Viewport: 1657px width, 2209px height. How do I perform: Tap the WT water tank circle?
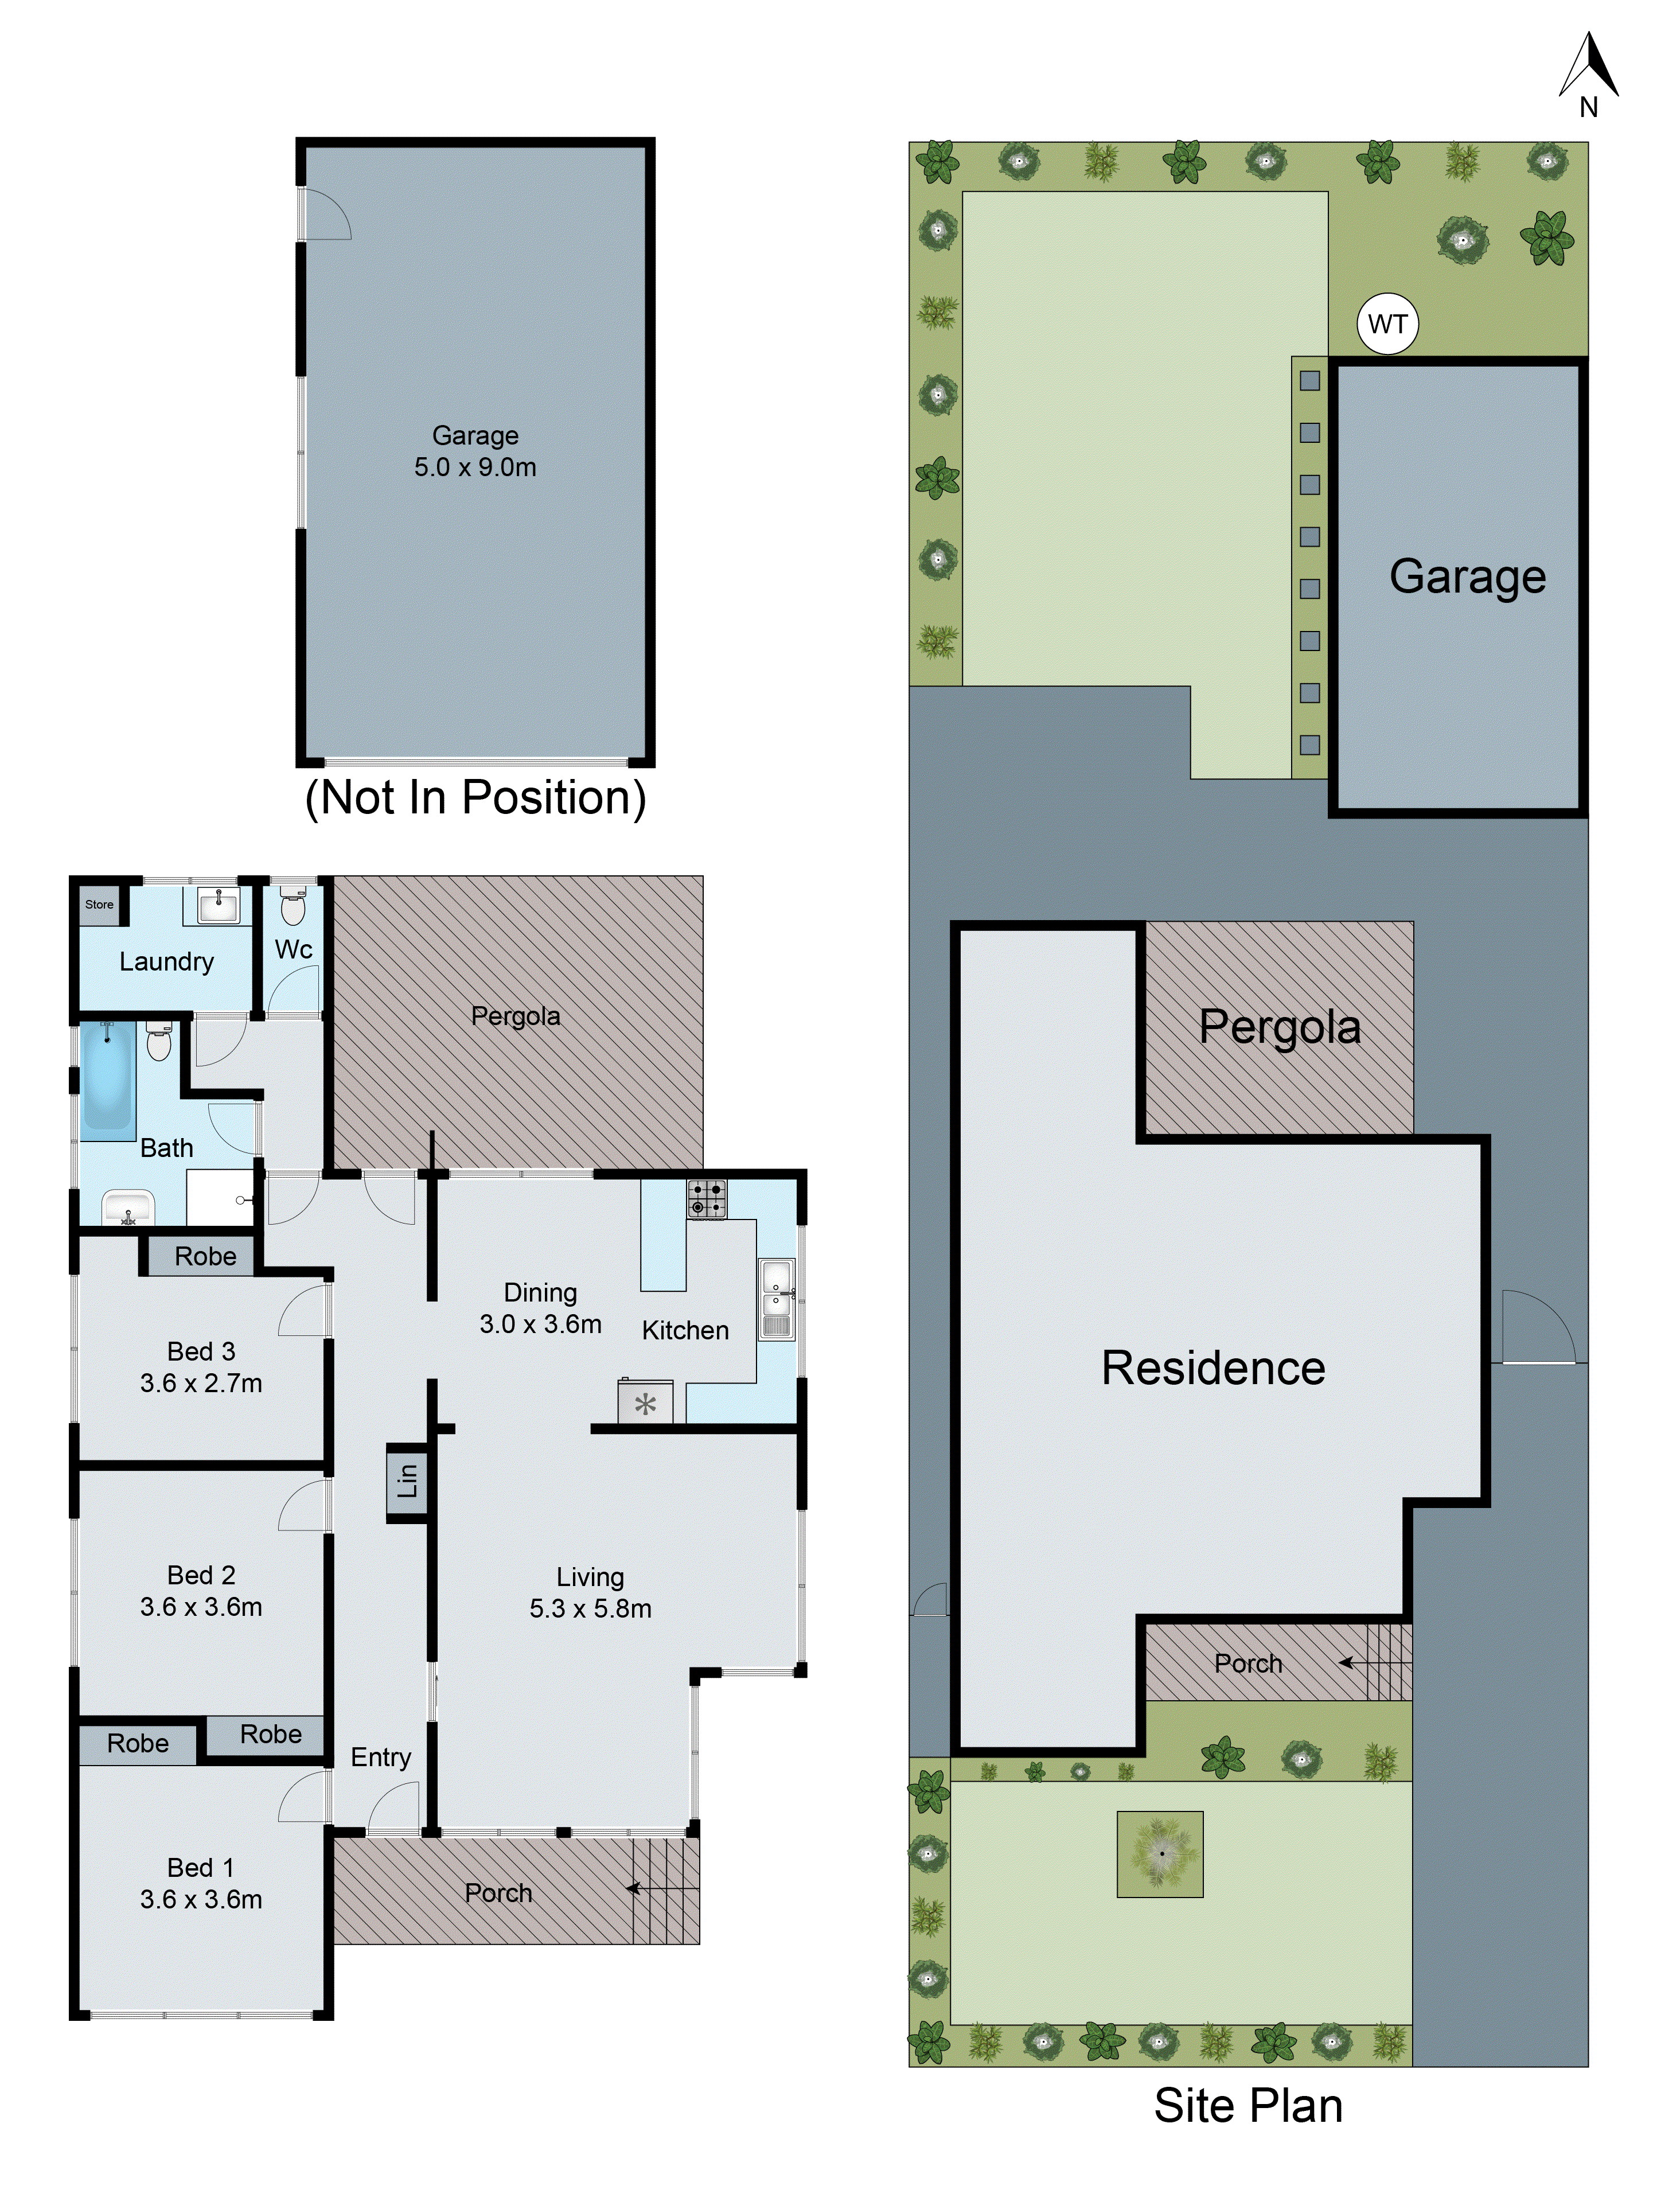(1387, 324)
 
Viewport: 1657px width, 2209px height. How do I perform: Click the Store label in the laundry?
(99, 905)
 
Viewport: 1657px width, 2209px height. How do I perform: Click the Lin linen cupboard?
(407, 1482)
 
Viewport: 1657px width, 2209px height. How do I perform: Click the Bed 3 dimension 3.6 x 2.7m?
(201, 1383)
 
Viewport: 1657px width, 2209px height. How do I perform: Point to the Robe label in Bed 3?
(205, 1256)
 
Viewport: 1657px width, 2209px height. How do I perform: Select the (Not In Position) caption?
(475, 798)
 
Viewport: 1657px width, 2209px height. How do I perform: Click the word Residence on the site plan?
(1212, 1368)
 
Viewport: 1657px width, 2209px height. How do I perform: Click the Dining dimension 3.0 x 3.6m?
(540, 1324)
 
